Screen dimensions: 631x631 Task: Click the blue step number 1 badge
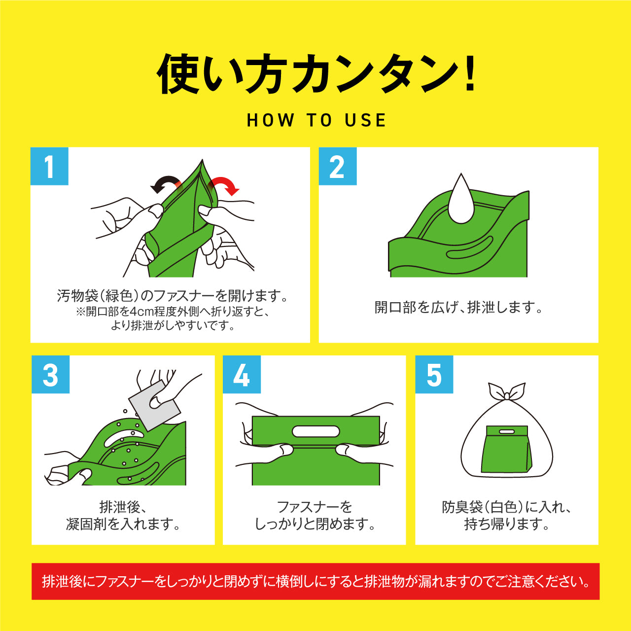tap(49, 167)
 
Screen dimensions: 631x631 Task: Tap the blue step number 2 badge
tap(337, 167)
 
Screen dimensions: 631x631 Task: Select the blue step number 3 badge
tap(50, 375)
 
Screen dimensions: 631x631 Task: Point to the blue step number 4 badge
tap(242, 375)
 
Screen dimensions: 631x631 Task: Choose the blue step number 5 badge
tap(434, 375)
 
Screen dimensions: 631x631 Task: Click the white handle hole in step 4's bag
tap(315, 432)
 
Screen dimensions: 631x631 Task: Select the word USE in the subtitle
tap(365, 120)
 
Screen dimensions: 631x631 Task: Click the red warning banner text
tap(315, 582)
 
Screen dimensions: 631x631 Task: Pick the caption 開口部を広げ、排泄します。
tap(458, 308)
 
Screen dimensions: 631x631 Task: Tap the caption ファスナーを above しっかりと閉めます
tap(315, 507)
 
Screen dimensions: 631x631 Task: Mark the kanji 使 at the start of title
tap(177, 74)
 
